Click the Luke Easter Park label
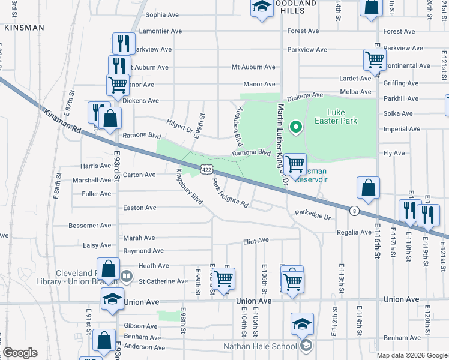click(342, 116)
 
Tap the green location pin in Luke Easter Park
click(295, 127)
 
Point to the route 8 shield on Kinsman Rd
click(355, 211)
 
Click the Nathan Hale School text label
click(260, 346)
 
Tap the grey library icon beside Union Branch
click(127, 277)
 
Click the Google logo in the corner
click(20, 353)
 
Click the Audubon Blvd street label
click(239, 126)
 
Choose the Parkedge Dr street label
click(313, 215)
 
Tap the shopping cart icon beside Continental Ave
click(374, 59)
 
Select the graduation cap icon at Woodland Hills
click(261, 7)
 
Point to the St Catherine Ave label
click(163, 281)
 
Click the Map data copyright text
click(412, 355)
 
